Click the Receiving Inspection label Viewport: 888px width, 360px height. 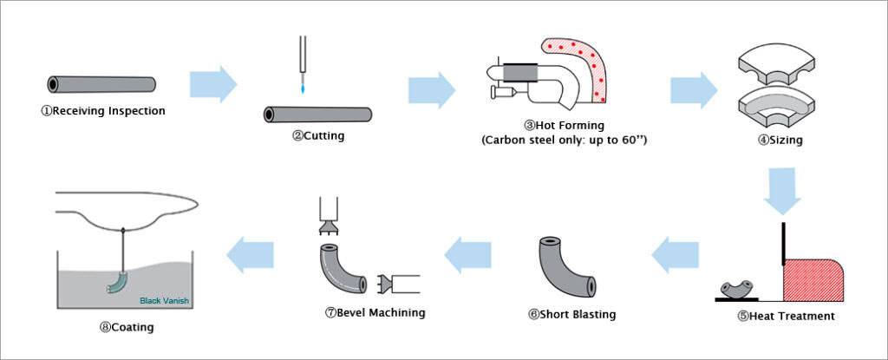103,111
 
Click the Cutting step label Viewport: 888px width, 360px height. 317,135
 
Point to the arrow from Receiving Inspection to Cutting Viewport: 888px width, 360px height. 212,84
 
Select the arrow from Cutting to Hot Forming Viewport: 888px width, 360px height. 431,89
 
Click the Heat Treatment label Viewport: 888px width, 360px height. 786,316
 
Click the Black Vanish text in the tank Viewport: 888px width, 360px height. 164,302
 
